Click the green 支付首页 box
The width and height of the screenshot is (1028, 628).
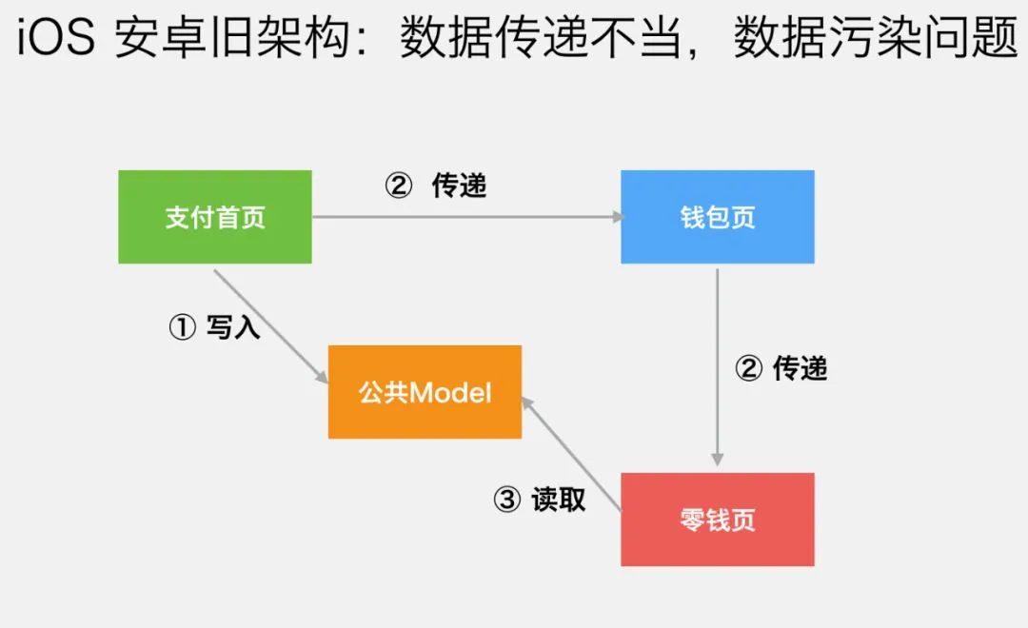(x=215, y=217)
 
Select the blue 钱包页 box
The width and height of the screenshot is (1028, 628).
(x=718, y=217)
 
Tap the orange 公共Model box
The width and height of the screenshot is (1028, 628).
(x=425, y=392)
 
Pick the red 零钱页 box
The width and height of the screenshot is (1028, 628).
(x=718, y=520)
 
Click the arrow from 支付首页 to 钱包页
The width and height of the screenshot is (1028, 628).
(x=466, y=217)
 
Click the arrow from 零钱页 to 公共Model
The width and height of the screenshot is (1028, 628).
(x=571, y=457)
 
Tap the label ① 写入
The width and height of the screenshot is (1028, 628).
(x=214, y=328)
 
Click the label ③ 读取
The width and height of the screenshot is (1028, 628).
(x=540, y=500)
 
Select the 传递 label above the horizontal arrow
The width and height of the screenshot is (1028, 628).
(x=459, y=186)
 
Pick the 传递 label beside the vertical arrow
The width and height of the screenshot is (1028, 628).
(x=800, y=368)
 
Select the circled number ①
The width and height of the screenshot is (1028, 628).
(x=182, y=328)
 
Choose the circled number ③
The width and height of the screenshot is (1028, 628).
(x=507, y=500)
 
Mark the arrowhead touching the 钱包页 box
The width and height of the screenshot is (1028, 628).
(x=616, y=217)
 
